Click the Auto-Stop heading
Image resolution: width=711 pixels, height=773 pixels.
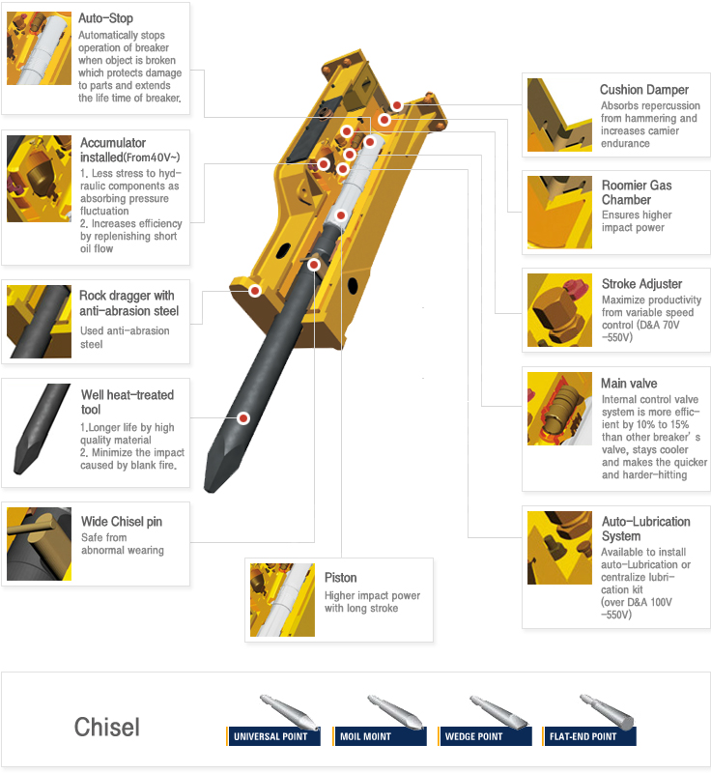[x=105, y=18]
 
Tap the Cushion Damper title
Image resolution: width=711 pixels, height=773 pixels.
[x=644, y=90]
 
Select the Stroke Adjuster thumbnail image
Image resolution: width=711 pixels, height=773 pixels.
[x=559, y=310]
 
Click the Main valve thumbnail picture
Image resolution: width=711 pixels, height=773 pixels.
[x=559, y=409]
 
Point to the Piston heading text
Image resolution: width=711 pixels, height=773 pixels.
[x=340, y=577]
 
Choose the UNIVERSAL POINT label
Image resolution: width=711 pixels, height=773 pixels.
[x=270, y=736]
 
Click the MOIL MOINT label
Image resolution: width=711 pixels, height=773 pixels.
[x=365, y=736]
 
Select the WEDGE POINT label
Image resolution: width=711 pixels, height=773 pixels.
[x=473, y=736]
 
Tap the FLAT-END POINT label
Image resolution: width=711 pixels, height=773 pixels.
[x=583, y=736]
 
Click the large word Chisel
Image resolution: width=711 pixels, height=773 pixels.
[x=107, y=727]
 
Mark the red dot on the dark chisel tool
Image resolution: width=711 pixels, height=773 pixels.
[x=243, y=418]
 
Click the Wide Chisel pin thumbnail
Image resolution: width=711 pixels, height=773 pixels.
[x=39, y=544]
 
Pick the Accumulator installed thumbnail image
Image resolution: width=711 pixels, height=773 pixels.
[x=39, y=179]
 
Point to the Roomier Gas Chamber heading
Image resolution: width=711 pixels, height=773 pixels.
[x=637, y=192]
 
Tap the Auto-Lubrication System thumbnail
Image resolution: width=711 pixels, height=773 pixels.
[x=559, y=548]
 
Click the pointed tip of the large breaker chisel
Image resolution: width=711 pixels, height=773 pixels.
[x=208, y=490]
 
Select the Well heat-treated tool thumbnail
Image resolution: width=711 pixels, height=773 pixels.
[x=42, y=429]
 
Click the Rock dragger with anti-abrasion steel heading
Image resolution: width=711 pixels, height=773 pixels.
[x=128, y=303]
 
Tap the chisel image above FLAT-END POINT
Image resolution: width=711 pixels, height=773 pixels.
[x=607, y=711]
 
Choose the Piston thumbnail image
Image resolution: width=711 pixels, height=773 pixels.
[x=282, y=600]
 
